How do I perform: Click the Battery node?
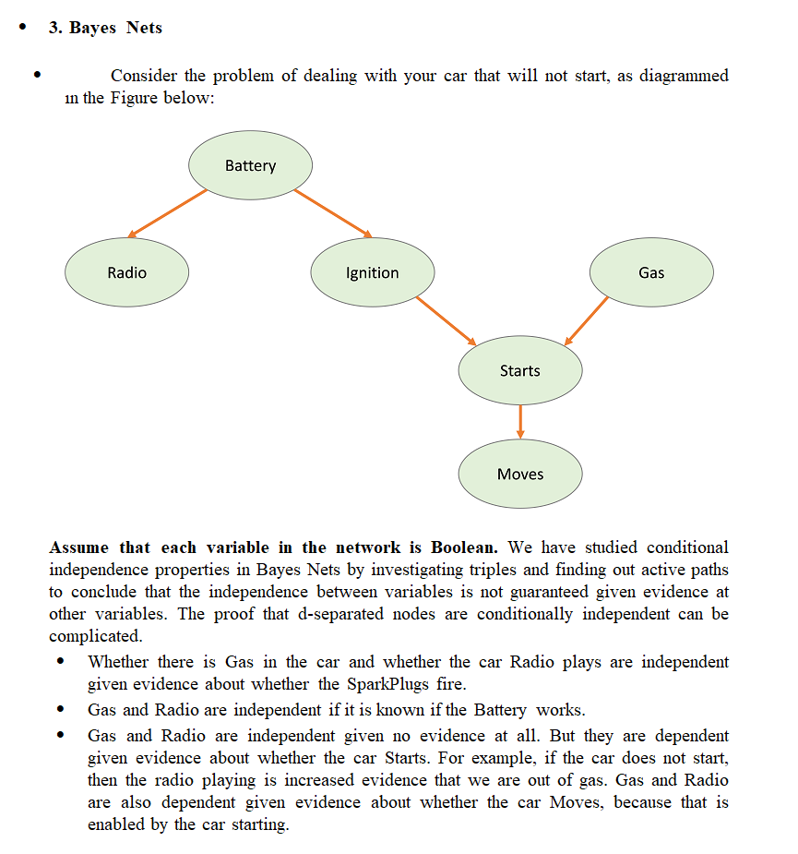pos(250,166)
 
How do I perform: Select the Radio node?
pos(126,272)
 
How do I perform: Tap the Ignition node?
pos(372,272)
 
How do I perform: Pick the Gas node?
pos(650,272)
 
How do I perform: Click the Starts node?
pos(520,370)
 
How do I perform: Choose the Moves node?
pos(520,474)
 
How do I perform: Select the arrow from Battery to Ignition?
pos(332,213)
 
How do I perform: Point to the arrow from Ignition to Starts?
pos(446,320)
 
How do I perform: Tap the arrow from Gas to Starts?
pos(587,320)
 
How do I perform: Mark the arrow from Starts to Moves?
pos(520,421)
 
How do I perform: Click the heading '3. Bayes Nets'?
pos(105,28)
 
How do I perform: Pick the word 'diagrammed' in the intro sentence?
pos(683,76)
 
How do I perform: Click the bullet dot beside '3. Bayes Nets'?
pos(23,27)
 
